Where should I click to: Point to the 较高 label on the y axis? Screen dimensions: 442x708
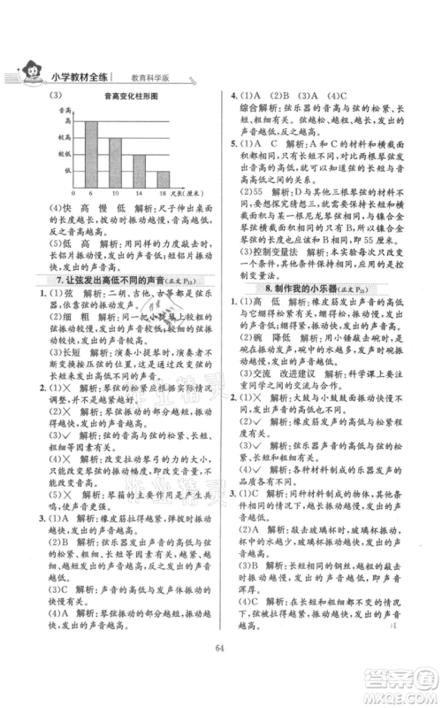[x=65, y=137]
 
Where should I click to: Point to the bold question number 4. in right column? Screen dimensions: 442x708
[x=233, y=95]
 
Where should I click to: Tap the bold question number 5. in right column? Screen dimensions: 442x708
[x=233, y=142]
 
